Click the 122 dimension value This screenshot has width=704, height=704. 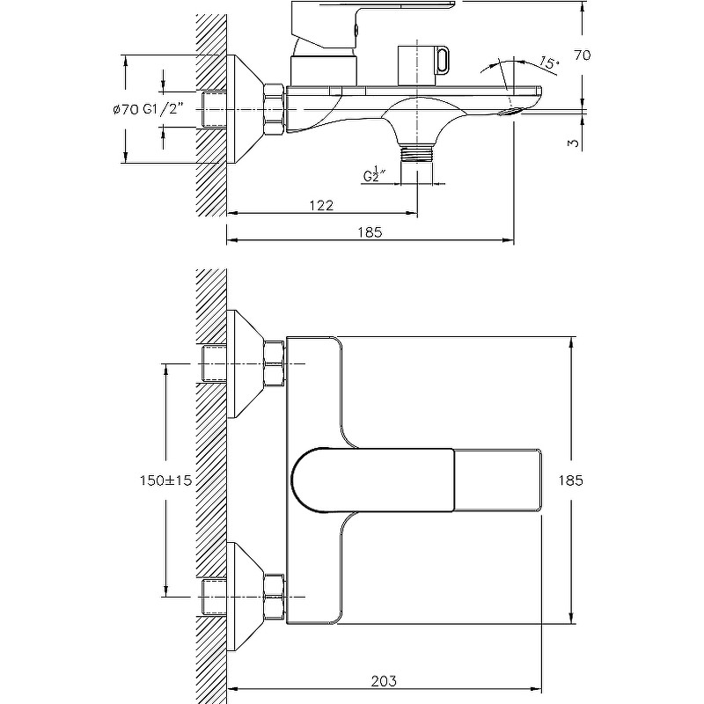click(321, 204)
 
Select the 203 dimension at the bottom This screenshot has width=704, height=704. click(384, 680)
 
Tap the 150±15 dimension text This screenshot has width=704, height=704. click(165, 480)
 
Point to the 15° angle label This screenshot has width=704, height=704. click(547, 63)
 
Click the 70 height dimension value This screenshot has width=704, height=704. click(582, 55)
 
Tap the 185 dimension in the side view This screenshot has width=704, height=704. click(370, 232)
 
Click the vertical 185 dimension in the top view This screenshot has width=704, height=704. click(572, 480)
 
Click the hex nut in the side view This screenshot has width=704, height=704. click(274, 110)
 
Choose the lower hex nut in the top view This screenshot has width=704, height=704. click(274, 597)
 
